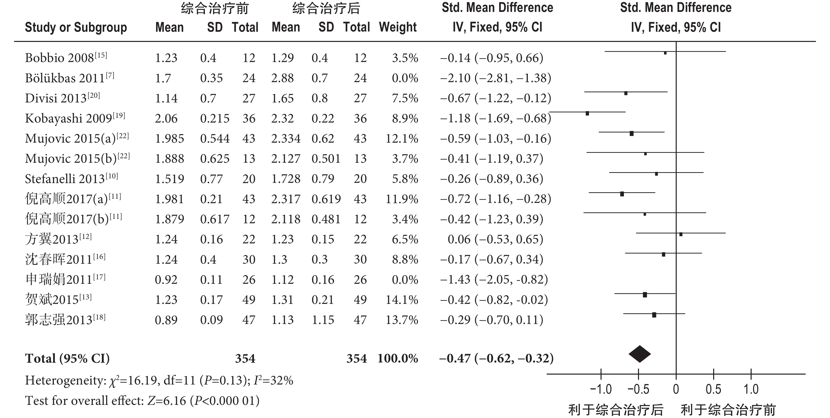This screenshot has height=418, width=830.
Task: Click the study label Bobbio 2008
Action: point(66,58)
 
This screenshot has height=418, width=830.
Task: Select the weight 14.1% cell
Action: point(402,300)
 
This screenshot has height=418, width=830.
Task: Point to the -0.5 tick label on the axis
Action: point(638,389)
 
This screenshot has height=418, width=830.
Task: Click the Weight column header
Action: point(398,27)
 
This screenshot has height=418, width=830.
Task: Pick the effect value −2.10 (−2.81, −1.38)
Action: point(496,78)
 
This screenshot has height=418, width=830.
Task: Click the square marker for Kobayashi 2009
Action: point(587,113)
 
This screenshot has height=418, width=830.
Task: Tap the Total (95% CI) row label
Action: point(67,358)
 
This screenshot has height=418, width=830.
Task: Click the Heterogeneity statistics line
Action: point(159,381)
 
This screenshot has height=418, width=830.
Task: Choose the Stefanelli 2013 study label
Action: point(71,179)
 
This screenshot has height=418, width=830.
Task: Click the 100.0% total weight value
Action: point(398,358)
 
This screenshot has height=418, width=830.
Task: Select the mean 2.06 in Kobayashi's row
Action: point(166,119)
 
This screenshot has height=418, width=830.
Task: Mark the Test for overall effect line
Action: point(142,401)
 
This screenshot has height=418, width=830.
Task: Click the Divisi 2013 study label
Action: point(62,98)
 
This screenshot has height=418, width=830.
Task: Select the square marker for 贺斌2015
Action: point(645,294)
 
